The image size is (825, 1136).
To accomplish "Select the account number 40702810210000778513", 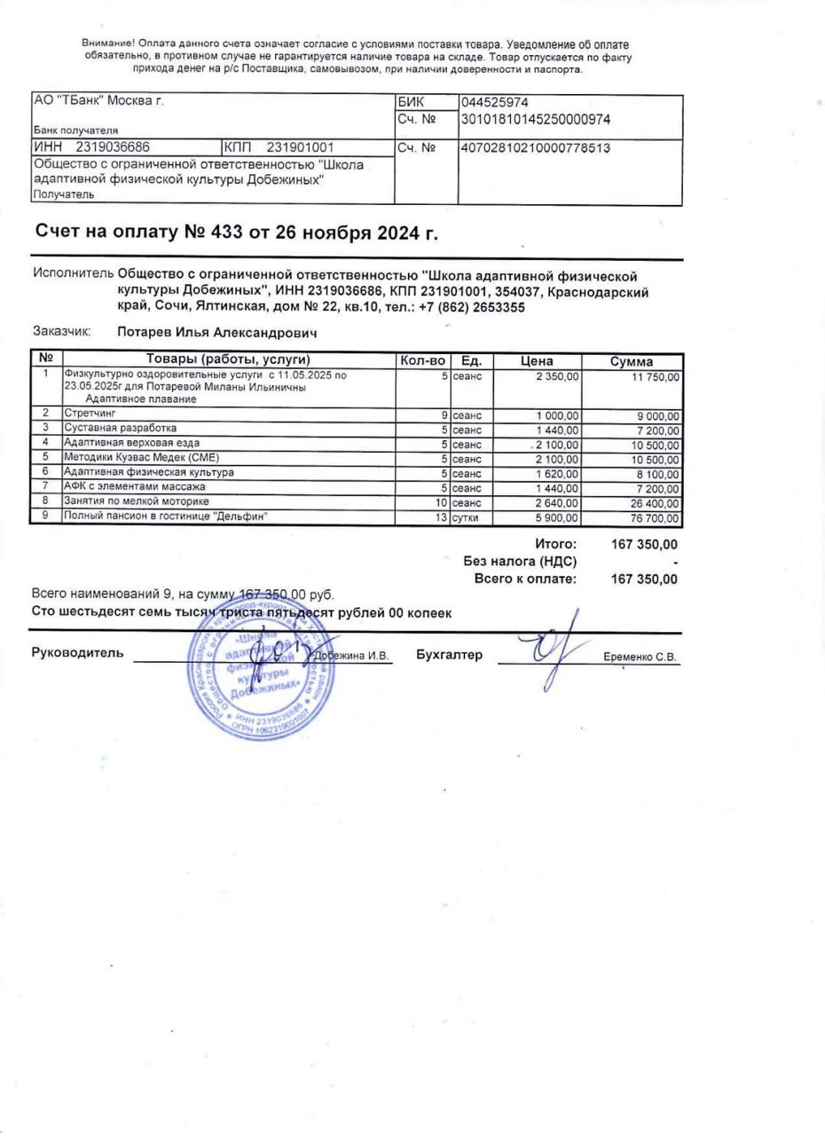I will coord(536,147).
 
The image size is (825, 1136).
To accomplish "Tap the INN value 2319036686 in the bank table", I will coord(113,147).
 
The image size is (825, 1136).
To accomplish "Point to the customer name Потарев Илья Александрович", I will coord(217,333).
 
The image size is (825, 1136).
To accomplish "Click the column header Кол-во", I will coord(423,361).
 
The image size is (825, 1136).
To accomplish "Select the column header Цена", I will coord(537,361).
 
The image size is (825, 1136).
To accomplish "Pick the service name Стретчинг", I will coord(90,414).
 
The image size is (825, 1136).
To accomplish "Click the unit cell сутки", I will coord(467,517).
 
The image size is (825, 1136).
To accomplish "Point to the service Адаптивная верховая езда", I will coord(132,442).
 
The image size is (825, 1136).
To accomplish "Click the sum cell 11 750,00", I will coord(656,377).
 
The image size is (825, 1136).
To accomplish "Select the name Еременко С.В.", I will coord(640,658).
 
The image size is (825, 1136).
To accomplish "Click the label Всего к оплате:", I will coord(525,579).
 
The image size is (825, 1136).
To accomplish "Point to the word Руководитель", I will coord(77,654).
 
